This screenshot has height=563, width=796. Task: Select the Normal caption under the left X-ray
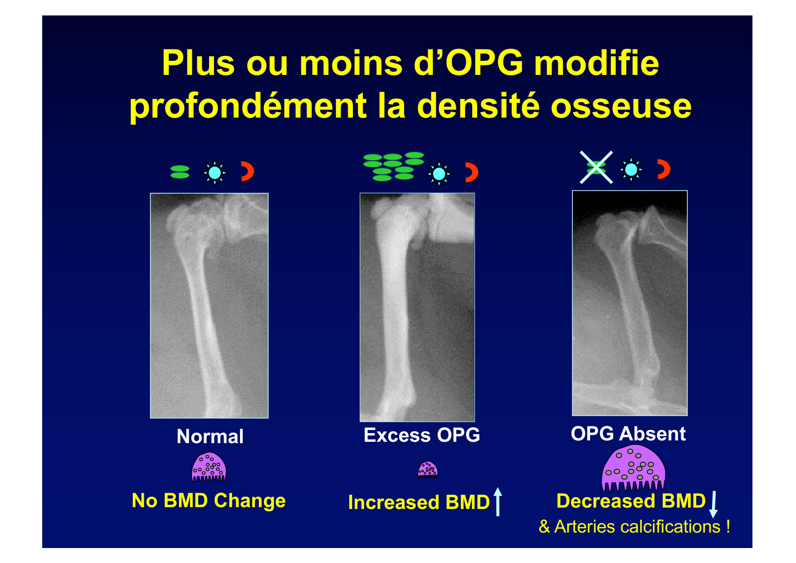click(210, 436)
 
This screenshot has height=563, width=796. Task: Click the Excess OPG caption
click(422, 435)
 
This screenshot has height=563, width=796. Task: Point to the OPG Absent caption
click(628, 434)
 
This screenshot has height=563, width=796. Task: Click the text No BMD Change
click(209, 501)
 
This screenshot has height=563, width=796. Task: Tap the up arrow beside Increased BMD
click(498, 502)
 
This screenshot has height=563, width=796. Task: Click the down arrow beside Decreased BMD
click(713, 504)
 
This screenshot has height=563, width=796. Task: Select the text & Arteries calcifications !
click(634, 527)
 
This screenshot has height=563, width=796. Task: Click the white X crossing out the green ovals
click(596, 168)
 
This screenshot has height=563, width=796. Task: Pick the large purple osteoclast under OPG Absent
click(633, 468)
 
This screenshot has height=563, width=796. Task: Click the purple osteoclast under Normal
click(209, 467)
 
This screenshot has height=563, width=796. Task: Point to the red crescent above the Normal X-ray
click(249, 171)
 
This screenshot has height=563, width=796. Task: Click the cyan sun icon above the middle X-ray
click(439, 174)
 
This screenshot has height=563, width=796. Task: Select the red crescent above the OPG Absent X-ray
click(665, 169)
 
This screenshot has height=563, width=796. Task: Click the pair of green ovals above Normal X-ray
click(180, 172)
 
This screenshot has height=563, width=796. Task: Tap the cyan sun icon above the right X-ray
click(631, 169)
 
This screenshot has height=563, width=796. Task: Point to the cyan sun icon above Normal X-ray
click(215, 173)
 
